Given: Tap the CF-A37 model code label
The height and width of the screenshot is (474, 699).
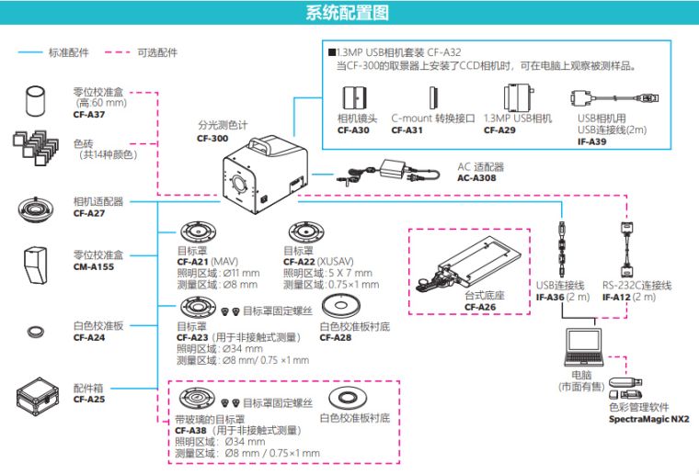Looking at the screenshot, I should tap(89, 115).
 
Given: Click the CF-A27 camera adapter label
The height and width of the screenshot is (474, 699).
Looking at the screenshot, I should tap(89, 213).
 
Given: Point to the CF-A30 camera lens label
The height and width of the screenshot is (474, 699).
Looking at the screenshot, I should tap(354, 130).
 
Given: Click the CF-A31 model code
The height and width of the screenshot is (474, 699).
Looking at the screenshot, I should tap(407, 130).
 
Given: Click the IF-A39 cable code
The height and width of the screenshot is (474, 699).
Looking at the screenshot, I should tap(592, 141).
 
